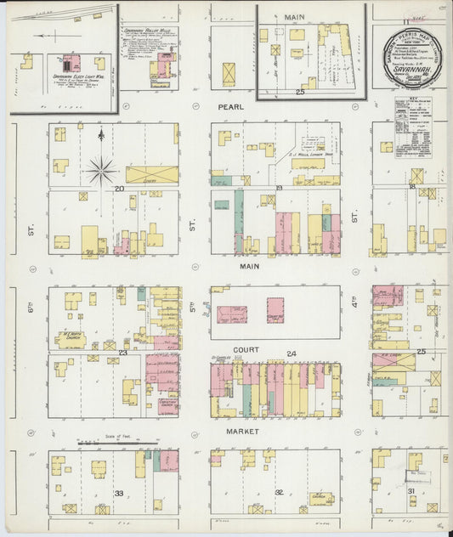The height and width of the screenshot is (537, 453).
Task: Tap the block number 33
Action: (x=120, y=493)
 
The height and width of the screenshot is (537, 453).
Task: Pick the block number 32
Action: (x=277, y=492)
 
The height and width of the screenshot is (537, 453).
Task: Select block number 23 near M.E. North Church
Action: (x=122, y=352)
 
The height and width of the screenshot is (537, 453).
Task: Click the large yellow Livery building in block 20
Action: (x=152, y=175)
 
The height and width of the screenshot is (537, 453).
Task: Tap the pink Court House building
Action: (x=275, y=310)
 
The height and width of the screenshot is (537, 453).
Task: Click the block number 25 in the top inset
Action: (x=299, y=92)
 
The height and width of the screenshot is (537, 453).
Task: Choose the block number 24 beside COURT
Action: (x=292, y=353)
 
